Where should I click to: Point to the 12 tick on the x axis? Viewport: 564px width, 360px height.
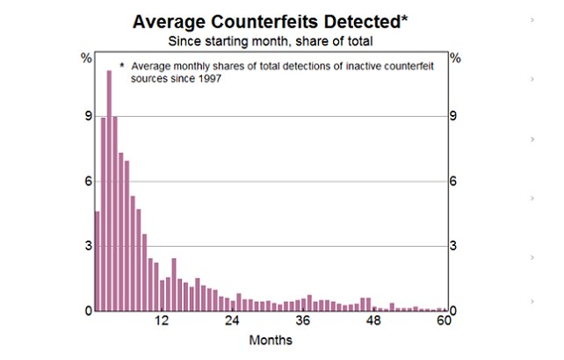coord(163,320)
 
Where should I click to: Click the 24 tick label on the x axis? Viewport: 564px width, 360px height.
coord(233,320)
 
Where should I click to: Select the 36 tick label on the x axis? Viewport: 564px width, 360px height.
coord(304,320)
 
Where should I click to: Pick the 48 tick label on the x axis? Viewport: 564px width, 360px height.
coord(374,320)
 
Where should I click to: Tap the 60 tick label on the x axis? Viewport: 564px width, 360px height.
coord(444,320)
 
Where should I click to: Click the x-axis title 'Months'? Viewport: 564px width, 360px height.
coord(271,340)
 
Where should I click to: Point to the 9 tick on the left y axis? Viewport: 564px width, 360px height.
coord(86,116)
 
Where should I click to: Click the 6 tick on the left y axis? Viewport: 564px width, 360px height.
coord(86,181)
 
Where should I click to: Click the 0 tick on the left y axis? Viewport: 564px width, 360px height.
coord(86,311)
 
